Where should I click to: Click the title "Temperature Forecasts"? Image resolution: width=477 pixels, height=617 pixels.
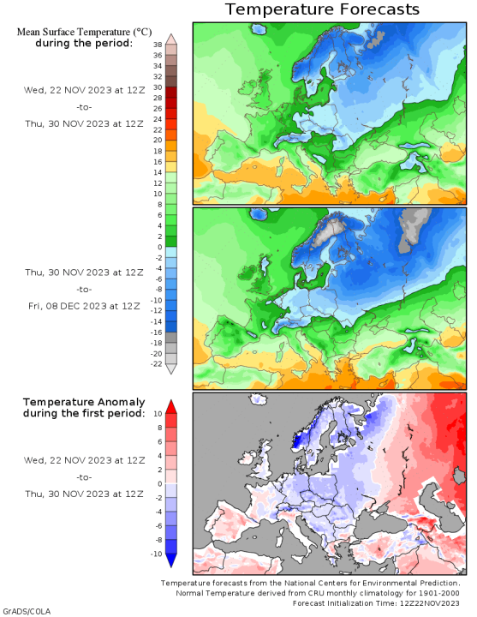[x=322, y=9]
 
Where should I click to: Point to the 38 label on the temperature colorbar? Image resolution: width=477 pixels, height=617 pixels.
[x=158, y=44]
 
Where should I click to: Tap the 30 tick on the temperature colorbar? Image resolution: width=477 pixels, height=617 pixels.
[x=158, y=87]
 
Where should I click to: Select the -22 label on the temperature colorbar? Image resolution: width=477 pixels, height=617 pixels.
[x=156, y=364]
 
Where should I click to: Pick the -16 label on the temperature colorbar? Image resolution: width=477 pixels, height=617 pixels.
[x=156, y=332]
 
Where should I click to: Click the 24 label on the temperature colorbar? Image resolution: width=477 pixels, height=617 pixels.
[x=158, y=118]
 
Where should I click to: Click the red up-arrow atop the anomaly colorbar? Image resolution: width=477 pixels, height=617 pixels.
[x=170, y=405]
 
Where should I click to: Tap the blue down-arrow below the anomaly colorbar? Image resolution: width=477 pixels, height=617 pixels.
[x=170, y=560]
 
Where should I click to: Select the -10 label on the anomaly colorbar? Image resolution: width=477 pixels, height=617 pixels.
[x=156, y=554]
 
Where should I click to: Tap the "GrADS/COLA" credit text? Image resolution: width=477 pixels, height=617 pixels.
[x=25, y=611]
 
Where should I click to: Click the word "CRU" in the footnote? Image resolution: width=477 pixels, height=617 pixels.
[x=335, y=592]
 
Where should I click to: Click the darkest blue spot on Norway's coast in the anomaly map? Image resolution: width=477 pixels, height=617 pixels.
[x=297, y=442]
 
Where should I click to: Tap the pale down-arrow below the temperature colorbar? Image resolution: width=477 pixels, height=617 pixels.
[x=170, y=368]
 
